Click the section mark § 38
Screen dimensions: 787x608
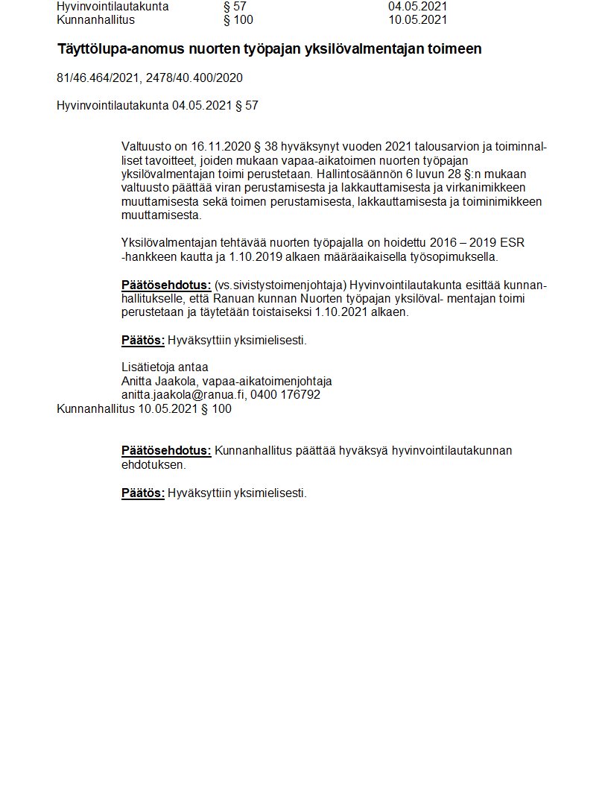coord(267,146)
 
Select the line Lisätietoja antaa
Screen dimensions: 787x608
coord(165,367)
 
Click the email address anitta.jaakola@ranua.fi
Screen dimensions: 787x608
coord(183,395)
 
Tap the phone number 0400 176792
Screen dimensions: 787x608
coord(285,395)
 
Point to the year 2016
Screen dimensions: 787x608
coord(445,244)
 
